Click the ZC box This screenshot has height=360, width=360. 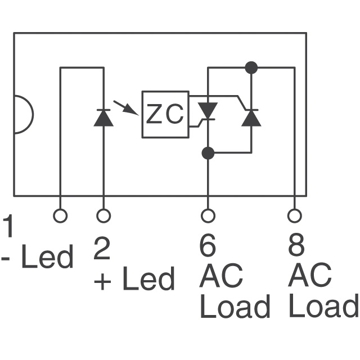click(165, 114)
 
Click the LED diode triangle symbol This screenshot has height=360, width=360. click(103, 117)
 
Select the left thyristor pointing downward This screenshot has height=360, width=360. click(208, 111)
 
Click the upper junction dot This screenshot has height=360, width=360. click(251, 68)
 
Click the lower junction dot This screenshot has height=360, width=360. click(208, 152)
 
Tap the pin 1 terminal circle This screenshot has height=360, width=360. click(60, 215)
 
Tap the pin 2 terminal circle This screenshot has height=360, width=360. click(103, 215)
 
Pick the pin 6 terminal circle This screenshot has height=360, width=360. click(208, 215)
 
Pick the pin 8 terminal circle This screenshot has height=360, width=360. click(294, 215)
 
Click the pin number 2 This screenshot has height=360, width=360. click(102, 249)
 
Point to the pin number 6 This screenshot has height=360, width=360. click(208, 246)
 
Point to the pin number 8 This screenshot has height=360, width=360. click(296, 246)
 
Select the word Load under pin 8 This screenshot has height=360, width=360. click(323, 307)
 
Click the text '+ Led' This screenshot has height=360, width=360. click(134, 279)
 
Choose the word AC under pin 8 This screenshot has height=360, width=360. click(309, 276)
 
